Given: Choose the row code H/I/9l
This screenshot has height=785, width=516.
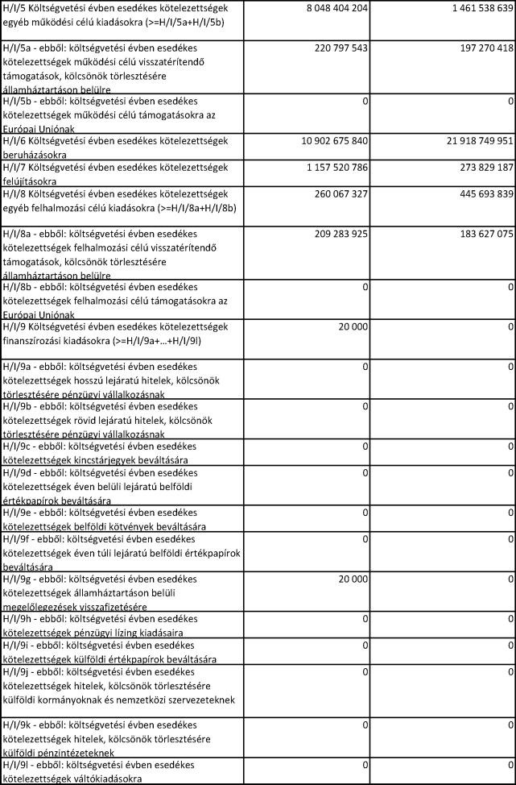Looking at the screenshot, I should pos(15,765).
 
